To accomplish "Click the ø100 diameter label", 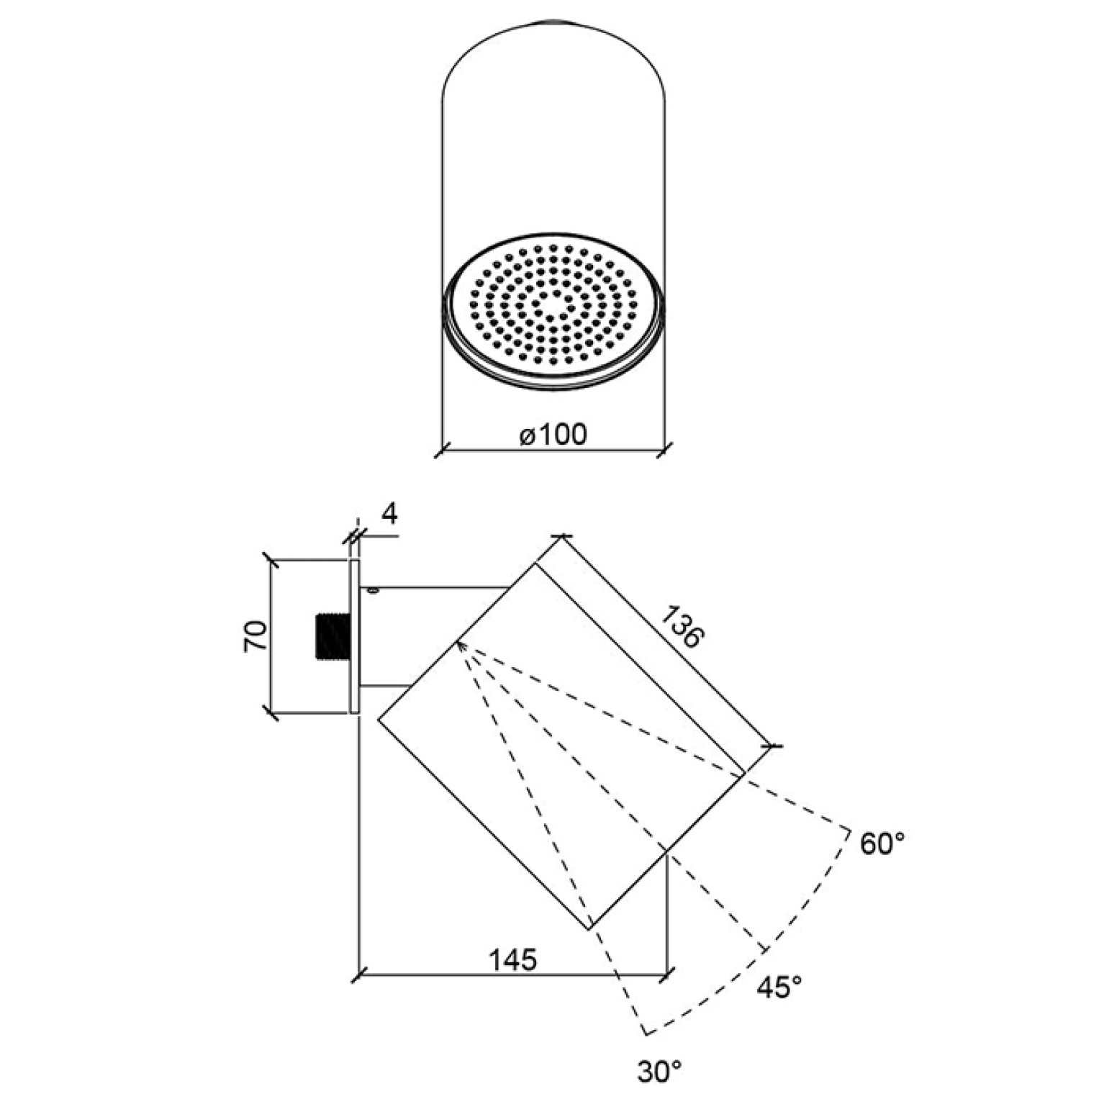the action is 552,434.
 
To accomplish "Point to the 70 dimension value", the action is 256,636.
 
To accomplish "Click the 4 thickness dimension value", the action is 389,515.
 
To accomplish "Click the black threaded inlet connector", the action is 333,636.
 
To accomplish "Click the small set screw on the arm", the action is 372,591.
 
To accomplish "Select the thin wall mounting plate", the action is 353,636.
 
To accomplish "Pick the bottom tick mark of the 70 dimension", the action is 271,713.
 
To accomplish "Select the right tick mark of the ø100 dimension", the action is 664,452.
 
